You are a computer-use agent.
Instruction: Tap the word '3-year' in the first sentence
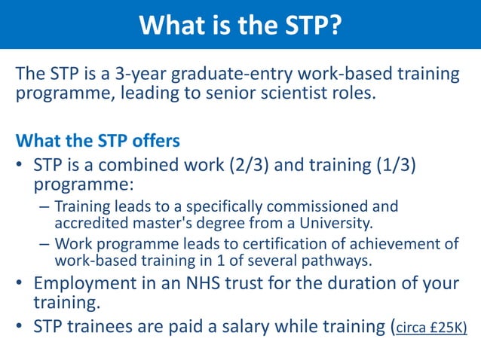coord(140,75)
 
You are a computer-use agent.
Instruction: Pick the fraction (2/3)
coord(253,165)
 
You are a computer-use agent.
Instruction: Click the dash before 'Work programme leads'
coord(44,244)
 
